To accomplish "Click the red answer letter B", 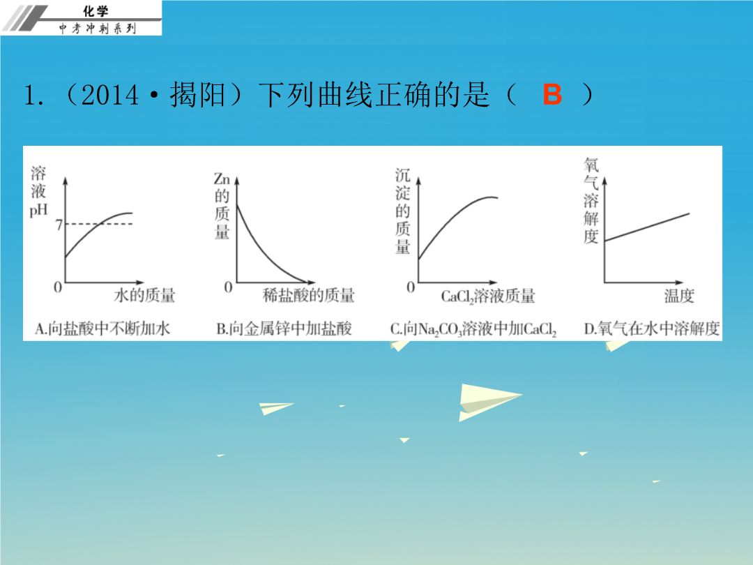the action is pyautogui.click(x=552, y=94).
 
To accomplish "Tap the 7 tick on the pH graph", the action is pyautogui.click(x=59, y=225).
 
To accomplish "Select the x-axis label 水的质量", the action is pyautogui.click(x=144, y=295).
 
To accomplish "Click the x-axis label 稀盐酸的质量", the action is pyautogui.click(x=309, y=295).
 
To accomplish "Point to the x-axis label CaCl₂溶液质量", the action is pyautogui.click(x=488, y=296).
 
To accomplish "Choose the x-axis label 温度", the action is pyautogui.click(x=679, y=296).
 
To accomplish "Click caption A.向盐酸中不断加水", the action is pyautogui.click(x=102, y=329).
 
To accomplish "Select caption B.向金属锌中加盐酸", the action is pyautogui.click(x=284, y=329).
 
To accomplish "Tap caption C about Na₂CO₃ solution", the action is pyautogui.click(x=473, y=329).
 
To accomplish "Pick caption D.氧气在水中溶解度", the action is pyautogui.click(x=652, y=329).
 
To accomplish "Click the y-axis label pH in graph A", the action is pyautogui.click(x=38, y=210).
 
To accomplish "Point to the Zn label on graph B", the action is pyautogui.click(x=222, y=179).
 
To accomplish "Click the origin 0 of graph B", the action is pyautogui.click(x=228, y=287).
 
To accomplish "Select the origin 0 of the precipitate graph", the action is pyautogui.click(x=411, y=287).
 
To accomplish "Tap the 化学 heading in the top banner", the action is pyautogui.click(x=96, y=10).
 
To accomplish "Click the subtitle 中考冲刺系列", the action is pyautogui.click(x=98, y=29).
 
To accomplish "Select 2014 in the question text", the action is pyautogui.click(x=110, y=95).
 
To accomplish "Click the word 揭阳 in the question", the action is pyautogui.click(x=198, y=94).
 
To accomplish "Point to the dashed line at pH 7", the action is pyautogui.click(x=99, y=224).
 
